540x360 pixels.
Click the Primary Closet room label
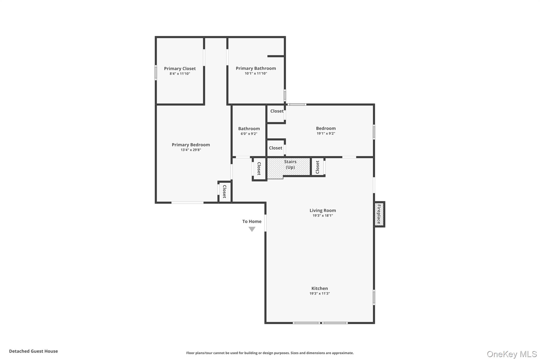click(180, 69)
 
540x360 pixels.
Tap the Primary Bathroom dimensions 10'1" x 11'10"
click(256, 74)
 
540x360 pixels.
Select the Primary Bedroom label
click(191, 145)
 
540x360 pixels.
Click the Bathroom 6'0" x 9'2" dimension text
click(249, 134)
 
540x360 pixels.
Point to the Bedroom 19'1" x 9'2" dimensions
click(326, 133)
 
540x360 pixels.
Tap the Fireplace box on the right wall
click(379, 214)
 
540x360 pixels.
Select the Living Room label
click(322, 210)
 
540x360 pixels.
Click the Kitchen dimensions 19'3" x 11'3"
click(320, 294)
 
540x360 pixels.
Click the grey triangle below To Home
click(252, 229)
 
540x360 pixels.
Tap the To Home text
click(252, 222)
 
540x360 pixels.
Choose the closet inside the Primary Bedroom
click(225, 192)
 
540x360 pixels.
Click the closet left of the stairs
click(259, 169)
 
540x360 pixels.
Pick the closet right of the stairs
click(317, 167)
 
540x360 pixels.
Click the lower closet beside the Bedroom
click(276, 148)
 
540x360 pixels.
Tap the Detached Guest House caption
click(33, 351)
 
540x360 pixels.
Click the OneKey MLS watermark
click(512, 354)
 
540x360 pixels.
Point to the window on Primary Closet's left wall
click(156, 73)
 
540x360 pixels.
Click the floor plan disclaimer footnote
click(270, 353)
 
